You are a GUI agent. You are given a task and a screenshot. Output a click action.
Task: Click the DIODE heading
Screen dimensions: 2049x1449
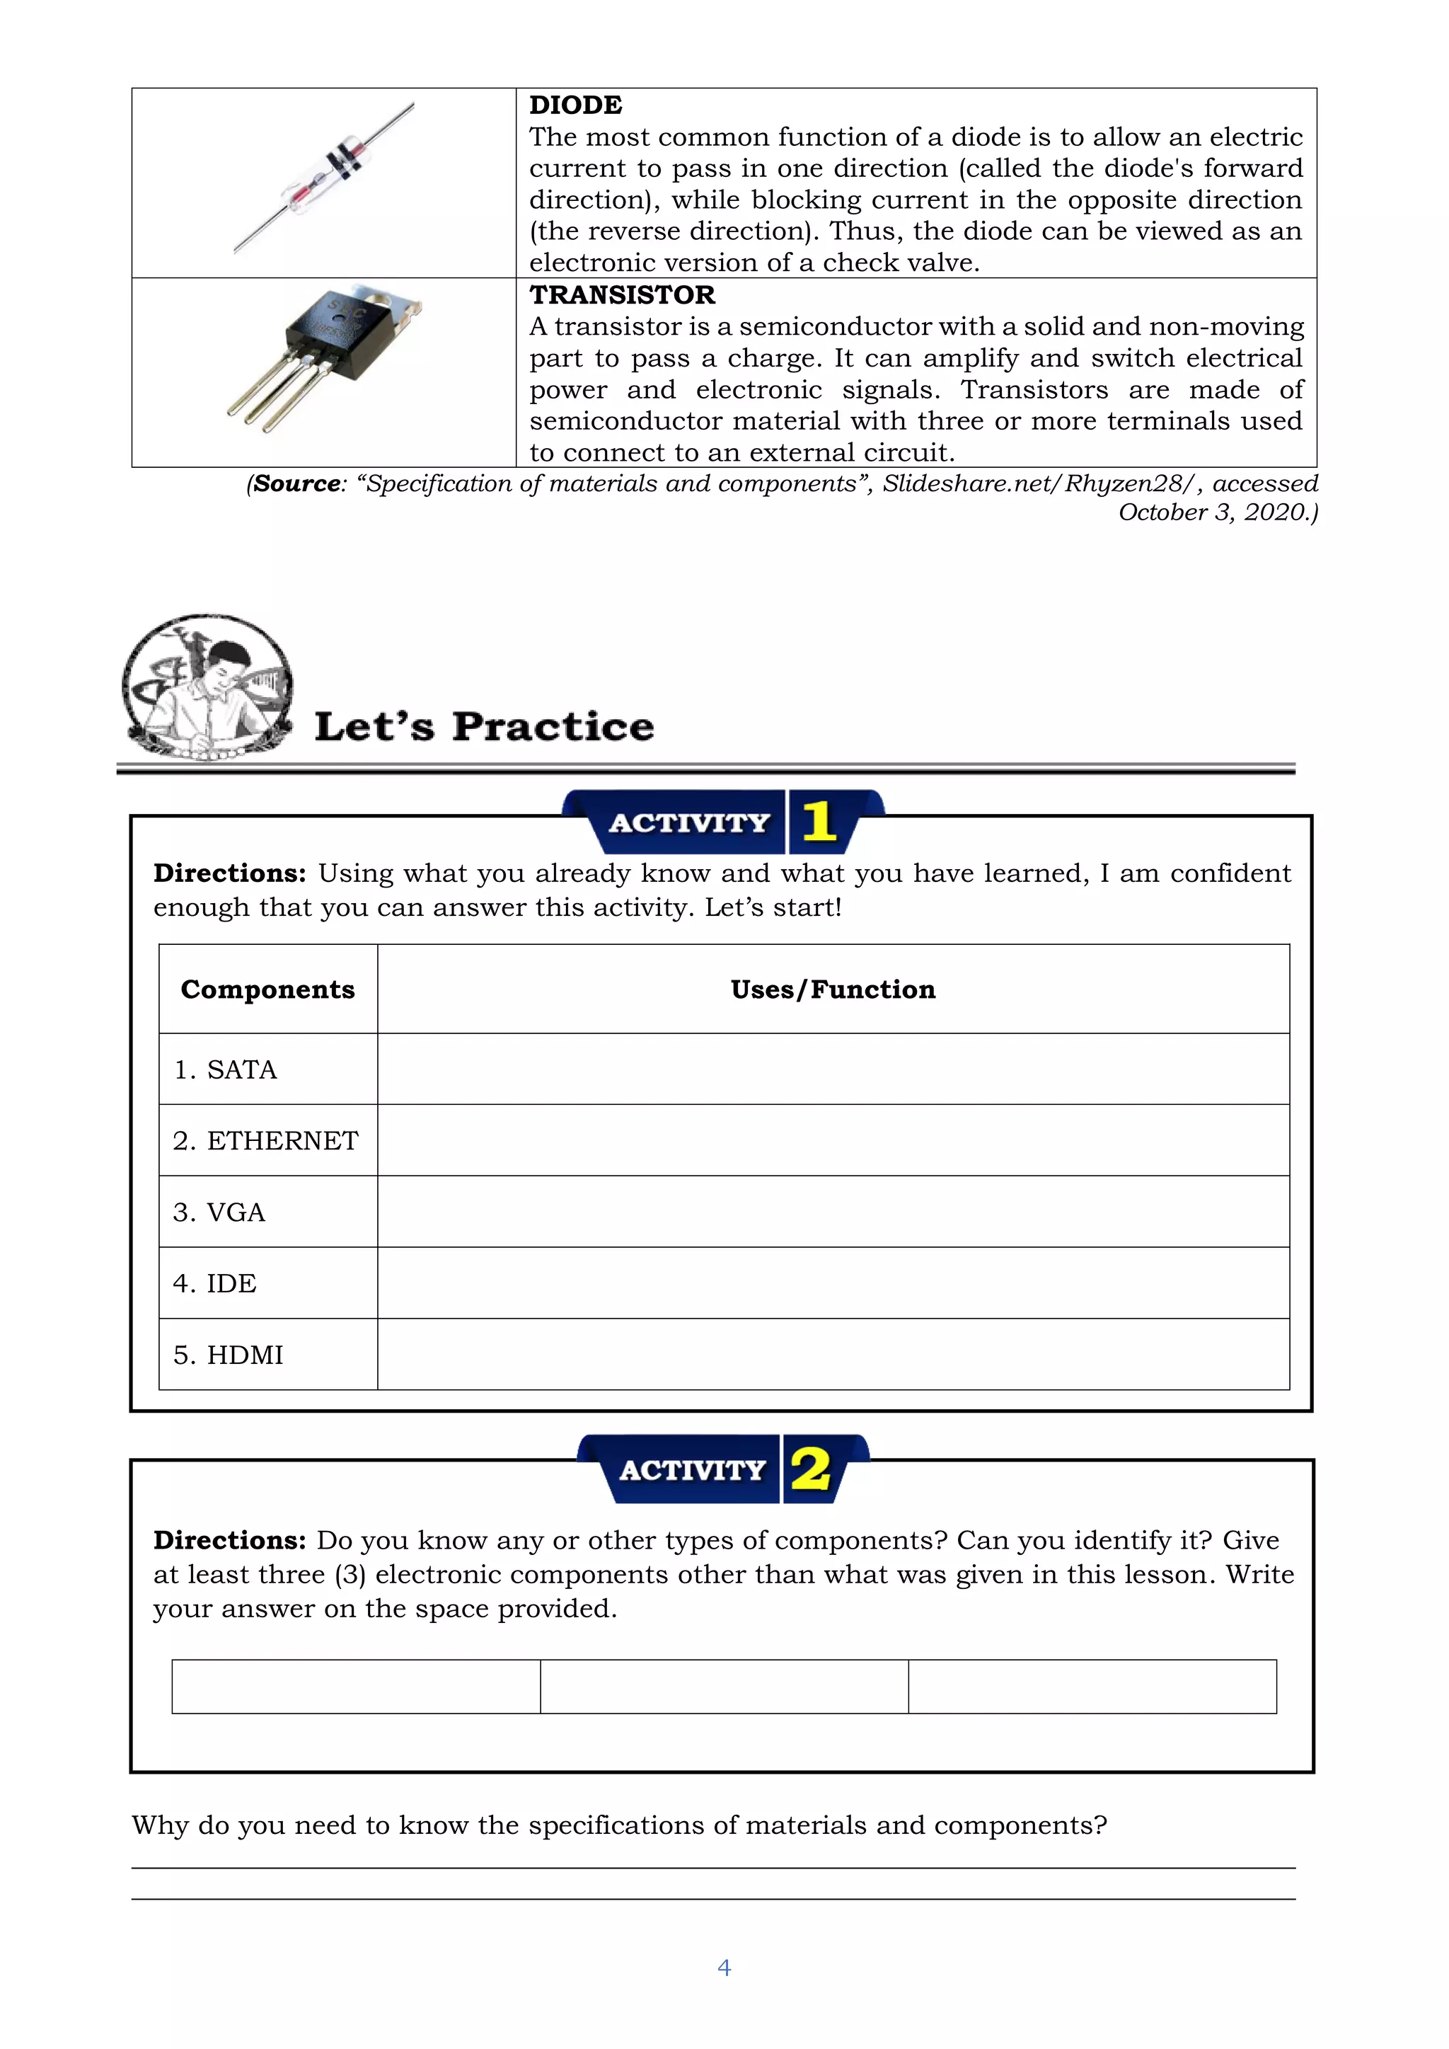(575, 105)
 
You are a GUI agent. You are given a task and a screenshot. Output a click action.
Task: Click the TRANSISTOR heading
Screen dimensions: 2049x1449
(622, 294)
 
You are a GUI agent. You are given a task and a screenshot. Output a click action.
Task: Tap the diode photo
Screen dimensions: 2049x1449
(324, 178)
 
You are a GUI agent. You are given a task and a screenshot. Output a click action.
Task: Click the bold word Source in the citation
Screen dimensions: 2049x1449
(296, 483)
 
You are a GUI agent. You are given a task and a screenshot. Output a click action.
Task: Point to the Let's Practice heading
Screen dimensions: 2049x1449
(484, 726)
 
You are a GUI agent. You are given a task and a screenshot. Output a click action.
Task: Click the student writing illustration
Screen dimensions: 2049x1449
(208, 687)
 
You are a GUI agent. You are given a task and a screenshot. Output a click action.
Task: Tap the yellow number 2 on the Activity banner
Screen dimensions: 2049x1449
(811, 1469)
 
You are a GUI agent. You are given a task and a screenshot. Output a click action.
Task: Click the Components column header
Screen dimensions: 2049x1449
(267, 989)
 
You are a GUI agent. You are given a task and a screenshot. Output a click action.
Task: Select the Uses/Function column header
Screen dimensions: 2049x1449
(833, 989)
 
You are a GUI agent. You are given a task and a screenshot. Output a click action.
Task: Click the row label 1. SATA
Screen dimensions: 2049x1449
(225, 1069)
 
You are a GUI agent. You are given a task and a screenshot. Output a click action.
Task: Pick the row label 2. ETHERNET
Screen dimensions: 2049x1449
(265, 1140)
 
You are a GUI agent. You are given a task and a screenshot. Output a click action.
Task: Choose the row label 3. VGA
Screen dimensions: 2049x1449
(219, 1212)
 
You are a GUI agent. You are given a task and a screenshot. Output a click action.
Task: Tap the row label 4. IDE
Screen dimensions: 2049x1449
(214, 1283)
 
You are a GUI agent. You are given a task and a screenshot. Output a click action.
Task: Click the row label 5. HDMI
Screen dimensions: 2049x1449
(228, 1355)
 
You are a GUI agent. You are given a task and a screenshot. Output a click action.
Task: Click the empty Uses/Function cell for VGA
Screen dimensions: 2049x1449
(833, 1212)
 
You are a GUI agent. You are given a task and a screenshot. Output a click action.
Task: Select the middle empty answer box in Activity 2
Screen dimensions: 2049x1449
(724, 1687)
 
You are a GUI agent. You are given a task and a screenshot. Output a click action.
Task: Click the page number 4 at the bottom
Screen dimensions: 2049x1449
(724, 1968)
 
